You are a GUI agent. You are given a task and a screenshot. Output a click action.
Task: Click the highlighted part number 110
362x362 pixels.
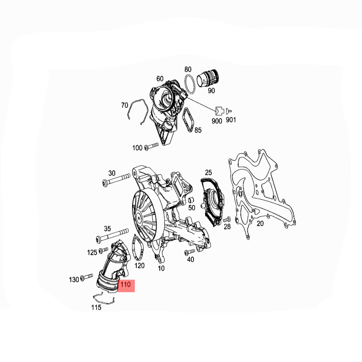126,285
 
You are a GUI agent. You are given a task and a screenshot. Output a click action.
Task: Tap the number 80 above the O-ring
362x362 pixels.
188,69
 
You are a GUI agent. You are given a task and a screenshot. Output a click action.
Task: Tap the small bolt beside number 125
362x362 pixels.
103,250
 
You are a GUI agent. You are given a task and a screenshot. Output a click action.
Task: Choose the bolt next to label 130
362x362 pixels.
87,277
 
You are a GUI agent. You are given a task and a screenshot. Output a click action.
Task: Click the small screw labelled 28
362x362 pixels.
227,219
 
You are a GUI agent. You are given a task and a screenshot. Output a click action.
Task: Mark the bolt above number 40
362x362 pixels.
190,252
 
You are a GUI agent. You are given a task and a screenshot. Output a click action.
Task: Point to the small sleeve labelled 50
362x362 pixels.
191,200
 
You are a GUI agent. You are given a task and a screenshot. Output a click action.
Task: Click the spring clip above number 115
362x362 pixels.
104,298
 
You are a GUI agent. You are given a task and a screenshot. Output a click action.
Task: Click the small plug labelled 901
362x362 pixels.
229,111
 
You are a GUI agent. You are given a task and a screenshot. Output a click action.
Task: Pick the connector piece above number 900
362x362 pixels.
219,111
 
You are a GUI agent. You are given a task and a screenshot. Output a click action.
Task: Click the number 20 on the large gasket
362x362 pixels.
260,223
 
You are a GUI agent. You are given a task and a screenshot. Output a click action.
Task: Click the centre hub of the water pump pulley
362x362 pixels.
139,217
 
